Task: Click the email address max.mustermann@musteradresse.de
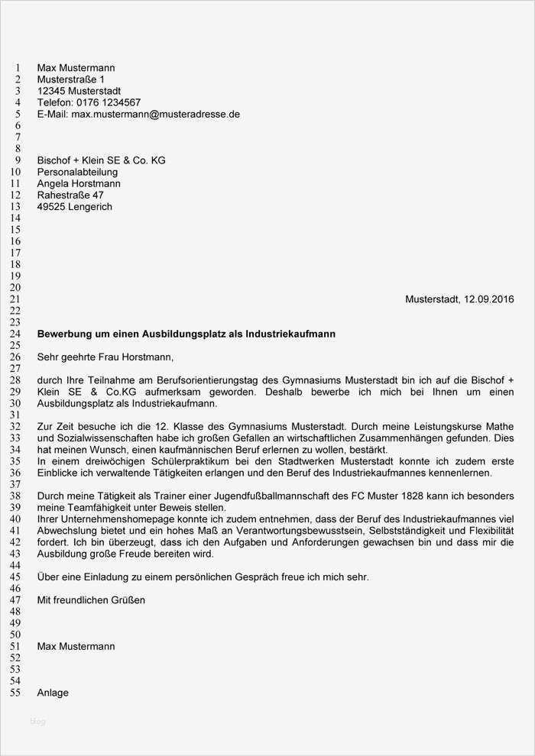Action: click(x=156, y=115)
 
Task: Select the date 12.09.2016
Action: click(x=489, y=299)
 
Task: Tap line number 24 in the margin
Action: click(x=15, y=334)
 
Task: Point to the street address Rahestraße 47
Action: click(x=70, y=195)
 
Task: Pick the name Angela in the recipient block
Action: click(x=54, y=184)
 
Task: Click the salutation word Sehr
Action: click(x=48, y=357)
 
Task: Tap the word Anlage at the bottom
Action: click(x=53, y=693)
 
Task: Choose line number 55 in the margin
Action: click(x=15, y=693)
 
